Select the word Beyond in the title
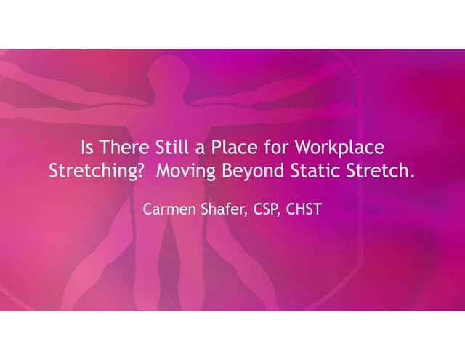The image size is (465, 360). (264, 171)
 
